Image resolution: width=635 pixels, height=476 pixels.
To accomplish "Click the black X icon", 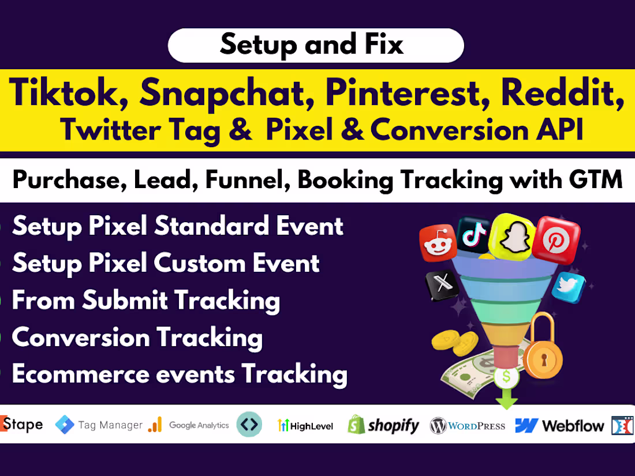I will click(x=442, y=285).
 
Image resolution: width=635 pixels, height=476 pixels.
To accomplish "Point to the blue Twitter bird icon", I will click(x=568, y=287).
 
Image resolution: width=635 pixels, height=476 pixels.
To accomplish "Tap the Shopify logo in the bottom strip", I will click(x=383, y=426).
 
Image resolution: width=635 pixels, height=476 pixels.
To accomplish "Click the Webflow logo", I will click(x=559, y=426).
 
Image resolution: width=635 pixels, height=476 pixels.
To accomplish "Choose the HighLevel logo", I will click(x=305, y=426).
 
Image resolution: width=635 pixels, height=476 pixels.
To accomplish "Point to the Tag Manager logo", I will click(x=99, y=425).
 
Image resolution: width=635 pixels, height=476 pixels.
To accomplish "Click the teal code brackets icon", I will click(x=249, y=425).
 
